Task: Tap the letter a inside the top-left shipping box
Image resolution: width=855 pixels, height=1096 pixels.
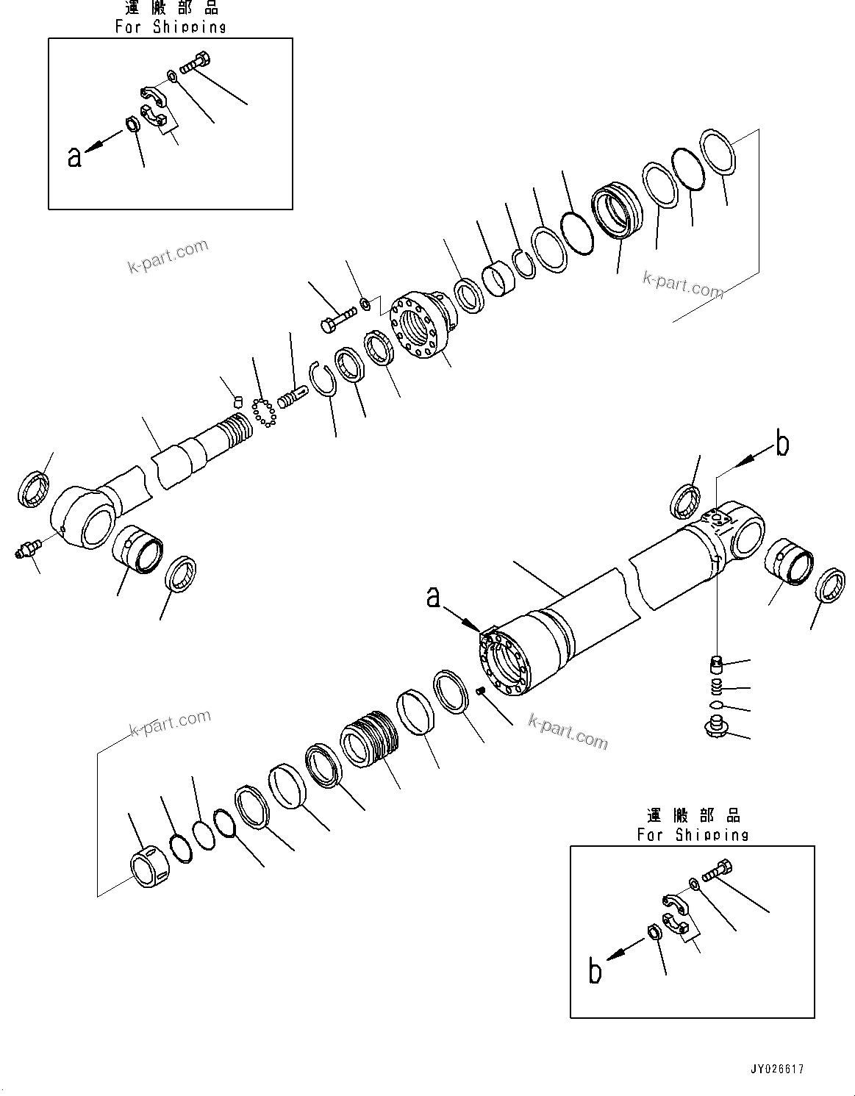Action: tap(74, 156)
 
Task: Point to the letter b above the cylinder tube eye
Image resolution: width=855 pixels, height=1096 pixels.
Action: tap(783, 444)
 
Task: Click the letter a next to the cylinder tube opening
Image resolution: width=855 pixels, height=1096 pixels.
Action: tap(434, 596)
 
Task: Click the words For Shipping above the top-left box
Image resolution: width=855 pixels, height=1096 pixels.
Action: tap(171, 27)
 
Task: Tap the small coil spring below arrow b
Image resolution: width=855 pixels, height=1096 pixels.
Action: tap(718, 688)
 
